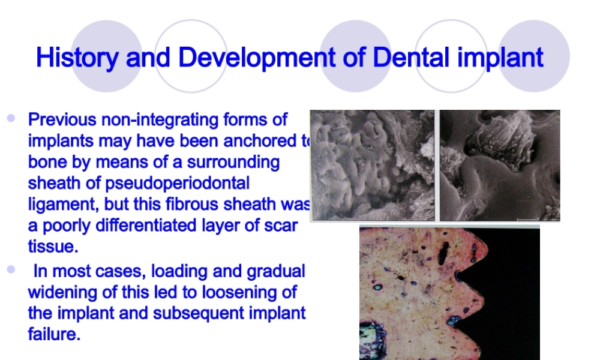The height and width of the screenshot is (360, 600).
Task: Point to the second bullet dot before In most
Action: click(x=11, y=270)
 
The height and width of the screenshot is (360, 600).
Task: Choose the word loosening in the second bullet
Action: click(x=234, y=292)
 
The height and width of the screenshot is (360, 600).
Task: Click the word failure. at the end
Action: click(x=54, y=334)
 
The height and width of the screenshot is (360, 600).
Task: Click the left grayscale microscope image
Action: click(x=372, y=165)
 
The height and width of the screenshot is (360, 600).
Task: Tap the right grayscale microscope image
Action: click(x=500, y=165)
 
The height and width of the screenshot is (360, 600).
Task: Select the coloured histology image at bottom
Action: click(x=449, y=293)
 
